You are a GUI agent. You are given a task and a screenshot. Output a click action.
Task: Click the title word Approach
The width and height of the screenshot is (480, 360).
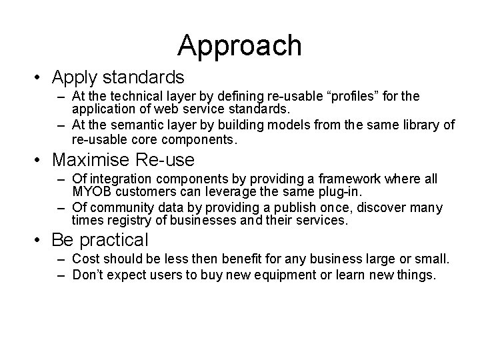point(239,46)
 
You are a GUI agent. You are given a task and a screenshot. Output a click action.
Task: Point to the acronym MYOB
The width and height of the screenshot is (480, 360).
point(90,193)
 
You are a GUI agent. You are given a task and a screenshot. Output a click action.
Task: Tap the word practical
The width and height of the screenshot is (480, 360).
point(115,239)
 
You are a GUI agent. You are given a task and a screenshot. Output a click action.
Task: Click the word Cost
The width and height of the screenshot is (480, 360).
point(84,258)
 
